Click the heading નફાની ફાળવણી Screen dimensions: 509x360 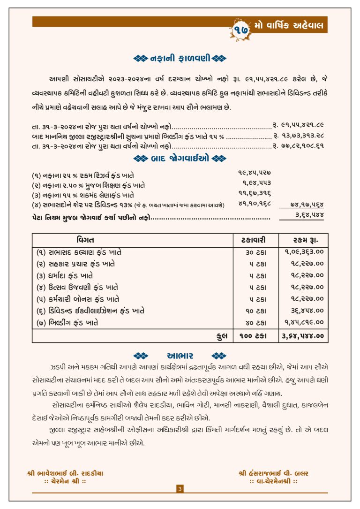(x=180, y=59)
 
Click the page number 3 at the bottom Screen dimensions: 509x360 (x=180, y=489)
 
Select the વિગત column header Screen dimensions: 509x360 (x=85, y=240)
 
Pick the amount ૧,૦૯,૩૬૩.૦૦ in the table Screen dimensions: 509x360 (x=304, y=252)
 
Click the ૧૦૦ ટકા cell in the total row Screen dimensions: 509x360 (x=256, y=336)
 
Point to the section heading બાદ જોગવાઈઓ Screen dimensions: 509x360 (x=180, y=159)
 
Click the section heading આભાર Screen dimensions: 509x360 (x=180, y=355)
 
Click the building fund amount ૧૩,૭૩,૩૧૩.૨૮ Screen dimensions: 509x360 (x=298, y=136)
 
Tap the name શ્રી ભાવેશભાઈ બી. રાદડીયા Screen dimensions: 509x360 (x=65, y=473)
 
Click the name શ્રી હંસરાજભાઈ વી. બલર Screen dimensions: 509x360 (x=273, y=473)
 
